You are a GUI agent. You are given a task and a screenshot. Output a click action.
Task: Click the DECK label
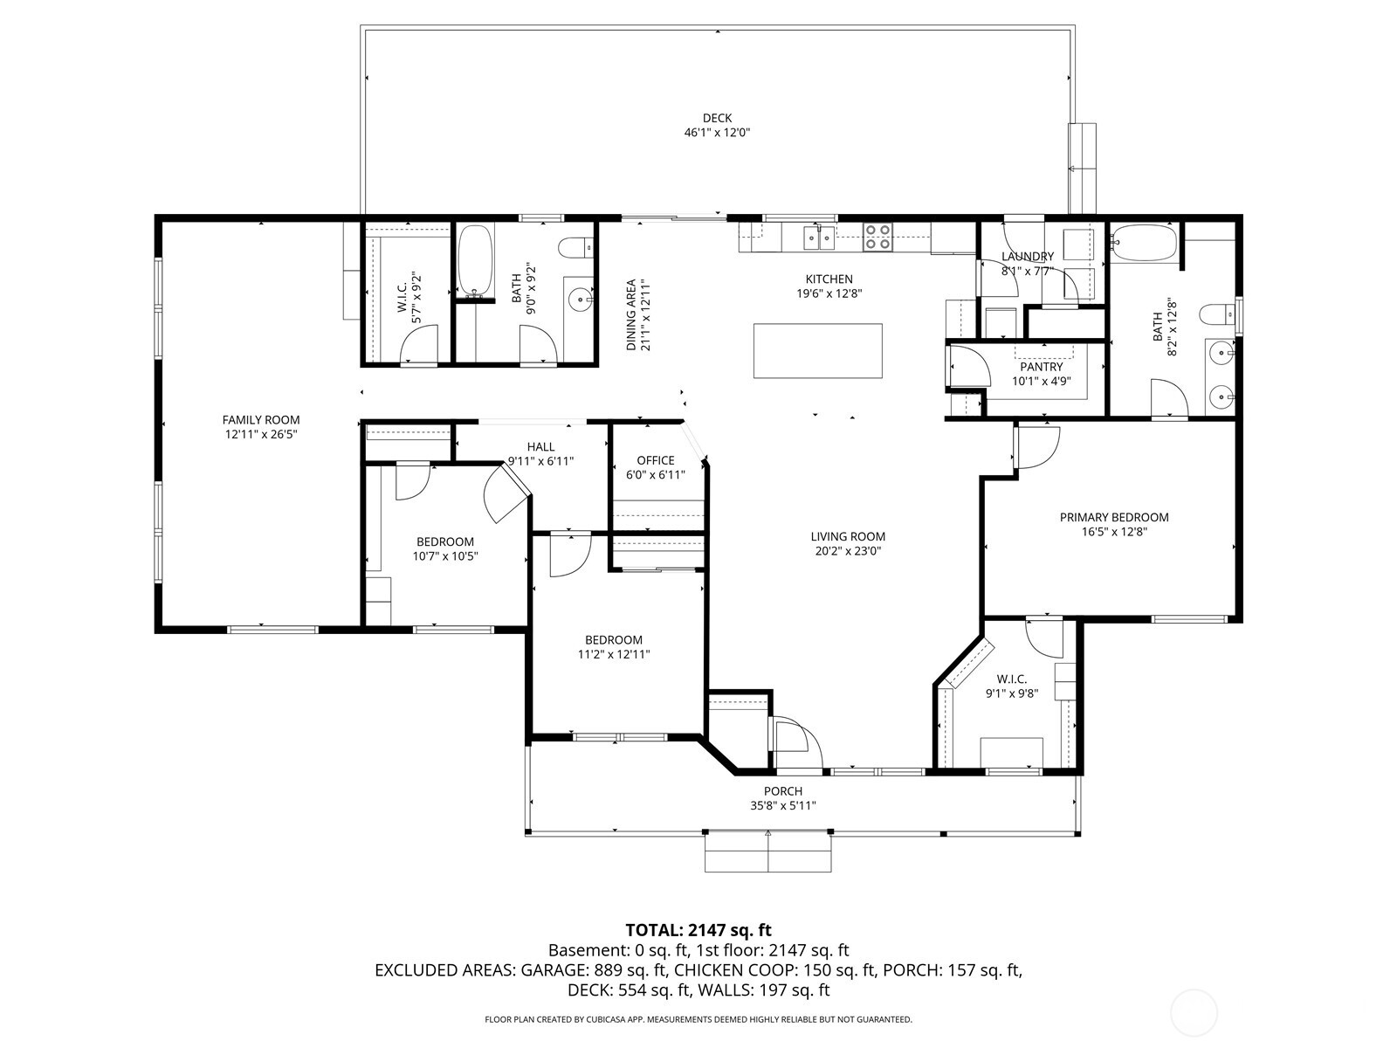[x=717, y=118]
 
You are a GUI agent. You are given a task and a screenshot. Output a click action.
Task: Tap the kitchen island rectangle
[x=817, y=351]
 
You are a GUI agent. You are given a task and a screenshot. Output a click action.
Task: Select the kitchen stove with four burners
[x=878, y=238]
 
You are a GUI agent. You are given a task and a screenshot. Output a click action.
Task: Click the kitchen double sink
[x=818, y=237]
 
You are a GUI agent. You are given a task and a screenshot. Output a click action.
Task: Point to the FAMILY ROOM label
[x=260, y=420]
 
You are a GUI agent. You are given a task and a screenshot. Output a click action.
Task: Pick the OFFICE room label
[x=655, y=460]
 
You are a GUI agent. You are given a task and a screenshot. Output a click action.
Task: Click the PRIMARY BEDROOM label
[x=1113, y=517]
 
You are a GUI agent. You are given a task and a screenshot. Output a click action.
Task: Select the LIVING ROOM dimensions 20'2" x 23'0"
[x=847, y=551]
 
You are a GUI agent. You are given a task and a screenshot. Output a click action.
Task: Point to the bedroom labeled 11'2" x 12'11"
[x=613, y=646]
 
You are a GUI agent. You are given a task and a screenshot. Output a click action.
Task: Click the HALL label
[x=540, y=446]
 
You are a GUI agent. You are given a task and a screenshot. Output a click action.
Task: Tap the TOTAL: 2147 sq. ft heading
[x=698, y=930]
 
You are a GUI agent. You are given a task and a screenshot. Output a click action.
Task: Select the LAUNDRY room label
[x=1027, y=256]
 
